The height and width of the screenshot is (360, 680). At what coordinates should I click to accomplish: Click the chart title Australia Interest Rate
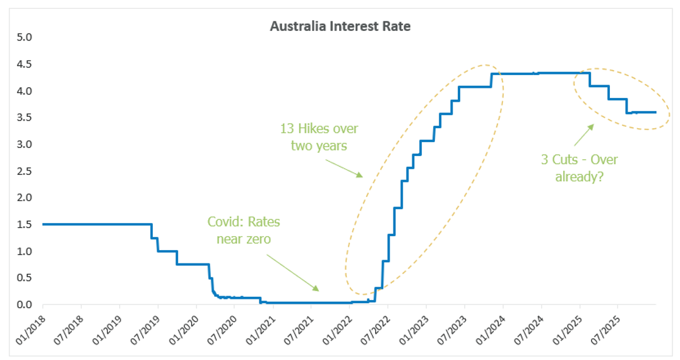tap(340, 27)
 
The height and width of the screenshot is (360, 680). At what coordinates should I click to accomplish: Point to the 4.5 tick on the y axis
tap(24, 64)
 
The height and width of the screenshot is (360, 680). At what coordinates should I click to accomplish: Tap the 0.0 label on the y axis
tap(24, 304)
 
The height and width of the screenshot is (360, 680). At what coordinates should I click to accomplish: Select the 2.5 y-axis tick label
tap(24, 171)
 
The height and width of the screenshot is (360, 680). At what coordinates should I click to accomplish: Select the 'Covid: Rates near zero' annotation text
tap(244, 230)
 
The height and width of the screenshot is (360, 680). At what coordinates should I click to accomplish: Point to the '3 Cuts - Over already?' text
tap(579, 168)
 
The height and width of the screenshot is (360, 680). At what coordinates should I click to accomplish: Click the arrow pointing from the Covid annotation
tap(291, 272)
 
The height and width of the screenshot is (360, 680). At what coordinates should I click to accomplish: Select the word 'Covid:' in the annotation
tap(225, 222)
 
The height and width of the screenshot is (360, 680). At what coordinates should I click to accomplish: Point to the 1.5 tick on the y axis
tap(24, 224)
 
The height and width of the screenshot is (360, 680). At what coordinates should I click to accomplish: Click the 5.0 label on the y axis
tap(24, 37)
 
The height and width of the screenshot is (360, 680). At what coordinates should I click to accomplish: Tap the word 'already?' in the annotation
tap(579, 176)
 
